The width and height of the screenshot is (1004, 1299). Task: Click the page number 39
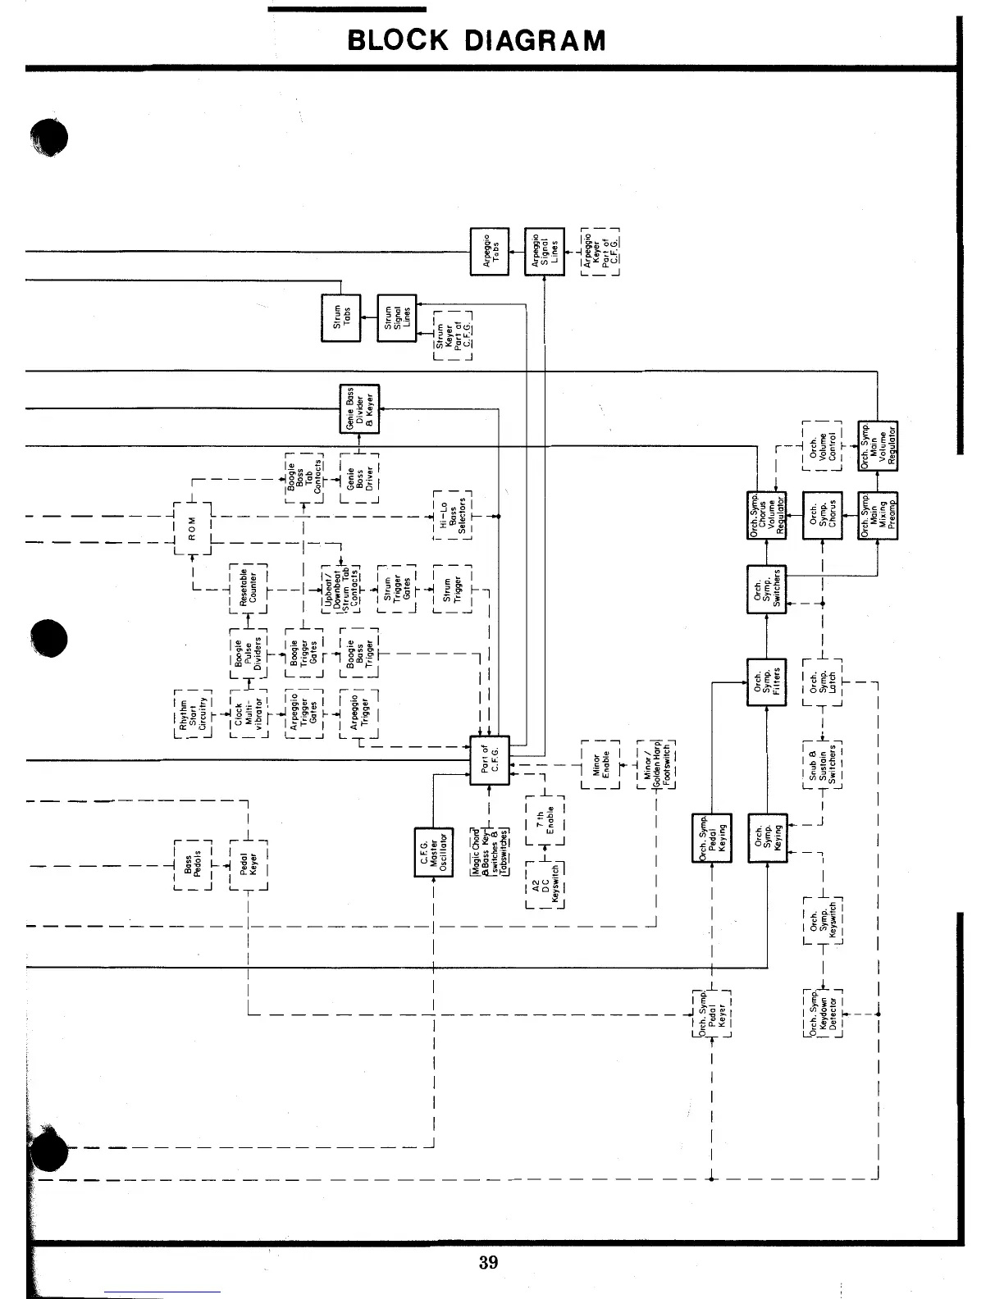[x=488, y=1263]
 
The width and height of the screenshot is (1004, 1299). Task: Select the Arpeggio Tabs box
[x=489, y=251]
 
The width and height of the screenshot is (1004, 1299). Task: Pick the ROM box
[x=193, y=529]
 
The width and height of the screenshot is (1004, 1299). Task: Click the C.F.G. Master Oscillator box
[x=433, y=852]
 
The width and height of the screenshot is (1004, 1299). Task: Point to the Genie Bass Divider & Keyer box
[x=359, y=408]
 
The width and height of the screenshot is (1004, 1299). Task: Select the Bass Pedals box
[x=193, y=864]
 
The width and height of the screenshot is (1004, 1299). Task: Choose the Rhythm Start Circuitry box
[x=193, y=713]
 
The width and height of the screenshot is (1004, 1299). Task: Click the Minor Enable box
[x=600, y=763]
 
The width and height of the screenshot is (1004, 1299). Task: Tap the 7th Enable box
[x=545, y=820]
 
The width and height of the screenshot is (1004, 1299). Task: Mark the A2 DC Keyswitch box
[x=545, y=884]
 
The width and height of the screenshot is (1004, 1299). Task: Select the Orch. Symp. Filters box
[x=767, y=682]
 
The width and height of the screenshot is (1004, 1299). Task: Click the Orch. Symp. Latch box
[x=822, y=682]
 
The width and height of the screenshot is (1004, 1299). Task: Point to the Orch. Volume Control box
[x=822, y=445]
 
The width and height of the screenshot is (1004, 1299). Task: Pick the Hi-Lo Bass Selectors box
[x=452, y=516]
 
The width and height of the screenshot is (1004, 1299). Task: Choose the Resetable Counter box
[x=249, y=589]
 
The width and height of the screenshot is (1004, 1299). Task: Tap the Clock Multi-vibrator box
[x=249, y=713]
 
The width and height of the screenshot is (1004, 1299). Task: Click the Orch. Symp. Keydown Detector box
[x=823, y=1014]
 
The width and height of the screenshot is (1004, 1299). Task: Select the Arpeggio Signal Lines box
[x=545, y=251]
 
